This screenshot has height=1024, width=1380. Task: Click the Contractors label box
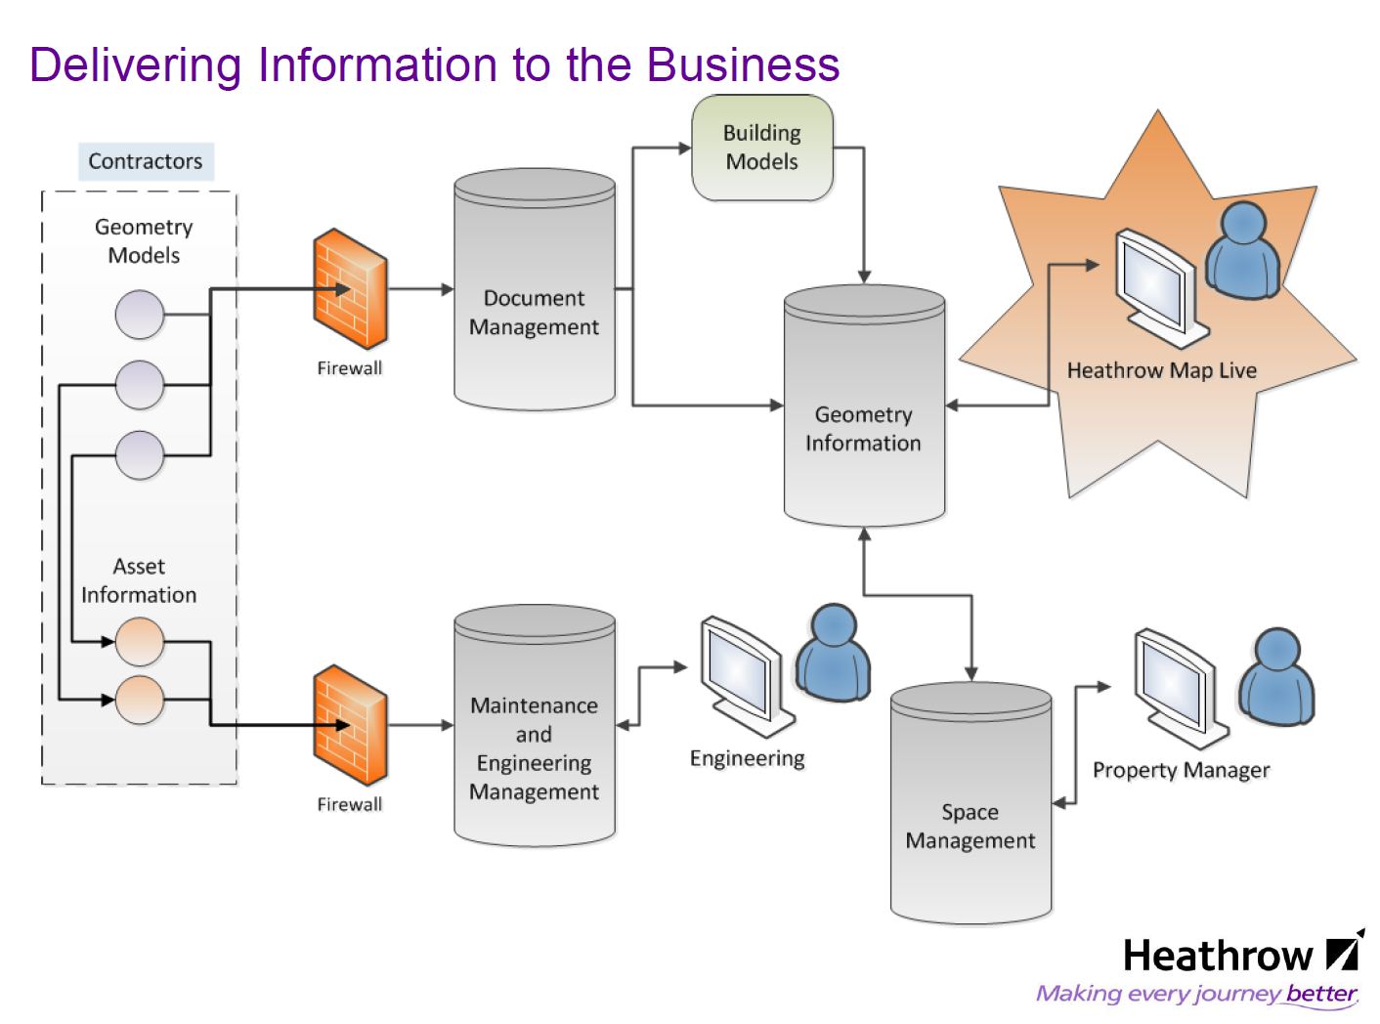click(145, 161)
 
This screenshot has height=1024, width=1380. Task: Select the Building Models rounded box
click(762, 148)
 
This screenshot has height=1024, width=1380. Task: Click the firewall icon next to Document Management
click(350, 289)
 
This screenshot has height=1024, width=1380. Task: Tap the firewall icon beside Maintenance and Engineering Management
click(350, 725)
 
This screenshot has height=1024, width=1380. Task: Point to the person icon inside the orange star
click(1242, 248)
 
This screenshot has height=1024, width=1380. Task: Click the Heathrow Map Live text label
click(1161, 370)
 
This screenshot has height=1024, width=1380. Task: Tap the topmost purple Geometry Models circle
click(140, 315)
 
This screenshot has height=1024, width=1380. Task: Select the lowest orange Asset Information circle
click(140, 700)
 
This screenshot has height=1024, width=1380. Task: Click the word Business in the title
click(743, 64)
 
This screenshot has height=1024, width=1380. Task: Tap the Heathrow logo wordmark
click(1217, 956)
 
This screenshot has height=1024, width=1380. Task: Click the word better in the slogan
click(1321, 994)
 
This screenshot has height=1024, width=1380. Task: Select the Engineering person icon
click(833, 652)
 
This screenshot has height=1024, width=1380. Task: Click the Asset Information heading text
click(139, 580)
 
